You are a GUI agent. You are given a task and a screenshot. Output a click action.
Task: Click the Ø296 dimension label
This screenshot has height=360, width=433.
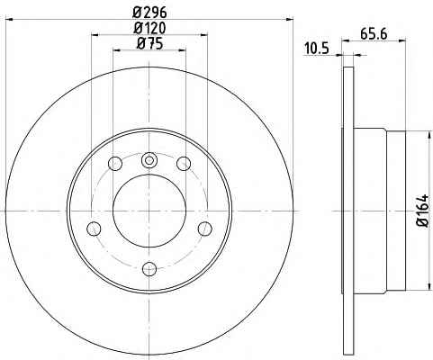(x=149, y=13)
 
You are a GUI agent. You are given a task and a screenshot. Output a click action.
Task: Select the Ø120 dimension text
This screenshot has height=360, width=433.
(x=149, y=28)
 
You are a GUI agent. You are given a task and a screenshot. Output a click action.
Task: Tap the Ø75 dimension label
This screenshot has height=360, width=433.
(x=149, y=44)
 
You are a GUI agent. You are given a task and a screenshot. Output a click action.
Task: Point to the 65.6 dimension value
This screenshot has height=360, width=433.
(x=374, y=34)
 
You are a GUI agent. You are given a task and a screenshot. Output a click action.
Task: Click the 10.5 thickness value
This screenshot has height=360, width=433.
(x=317, y=49)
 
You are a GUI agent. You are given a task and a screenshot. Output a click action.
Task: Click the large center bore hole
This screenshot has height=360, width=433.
(x=149, y=211)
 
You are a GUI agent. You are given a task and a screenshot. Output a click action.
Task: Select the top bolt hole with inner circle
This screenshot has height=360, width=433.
(x=149, y=160)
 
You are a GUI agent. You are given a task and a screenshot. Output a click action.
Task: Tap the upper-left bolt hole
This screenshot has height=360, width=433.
(x=115, y=164)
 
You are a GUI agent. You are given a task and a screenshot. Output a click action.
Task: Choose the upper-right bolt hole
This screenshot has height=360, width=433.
(x=184, y=164)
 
